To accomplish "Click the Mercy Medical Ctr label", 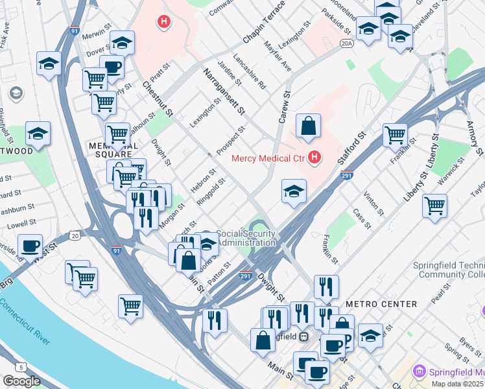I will (266, 157).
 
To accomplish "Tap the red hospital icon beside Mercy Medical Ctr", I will (314, 157).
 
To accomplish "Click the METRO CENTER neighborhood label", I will (381, 304).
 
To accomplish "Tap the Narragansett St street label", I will (224, 91).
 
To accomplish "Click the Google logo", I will (21, 381).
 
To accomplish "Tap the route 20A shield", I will (347, 43).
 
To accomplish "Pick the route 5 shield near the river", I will (22, 368).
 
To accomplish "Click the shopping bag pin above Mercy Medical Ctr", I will (309, 126).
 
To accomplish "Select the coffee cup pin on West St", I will (30, 246).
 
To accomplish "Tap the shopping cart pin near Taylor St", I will (434, 206).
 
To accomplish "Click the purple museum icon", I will (420, 372).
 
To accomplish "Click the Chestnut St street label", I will (158, 99).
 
